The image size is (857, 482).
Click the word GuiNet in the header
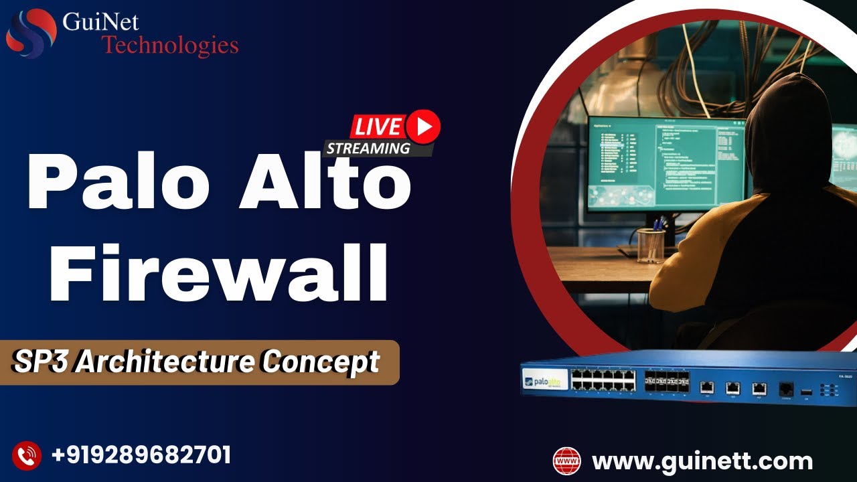(100, 22)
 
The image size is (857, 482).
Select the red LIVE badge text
(378, 127)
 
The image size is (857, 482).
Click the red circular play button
(422, 126)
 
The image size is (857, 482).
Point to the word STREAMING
(368, 149)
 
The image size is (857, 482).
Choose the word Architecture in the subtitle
(165, 362)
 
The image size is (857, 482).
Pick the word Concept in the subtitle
(321, 362)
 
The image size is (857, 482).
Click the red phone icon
(27, 456)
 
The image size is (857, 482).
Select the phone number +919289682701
(141, 455)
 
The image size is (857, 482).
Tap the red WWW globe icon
(567, 461)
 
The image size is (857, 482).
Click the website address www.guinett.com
(702, 461)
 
